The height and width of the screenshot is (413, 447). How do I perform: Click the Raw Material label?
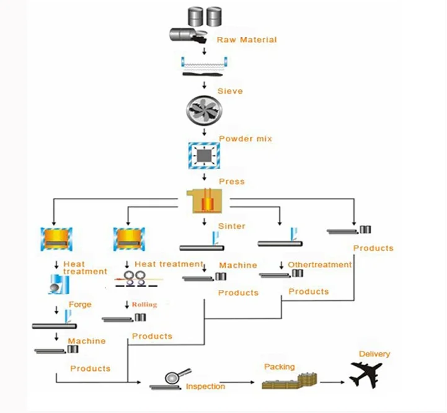pyautogui.click(x=246, y=40)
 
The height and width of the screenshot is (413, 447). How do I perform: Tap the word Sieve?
pyautogui.click(x=229, y=91)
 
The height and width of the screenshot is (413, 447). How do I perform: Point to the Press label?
pyautogui.click(x=231, y=182)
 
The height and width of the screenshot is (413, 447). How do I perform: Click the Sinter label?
pyautogui.click(x=231, y=226)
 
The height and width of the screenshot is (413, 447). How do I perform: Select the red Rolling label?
pyautogui.click(x=144, y=304)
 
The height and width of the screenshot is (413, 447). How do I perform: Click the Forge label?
pyautogui.click(x=79, y=304)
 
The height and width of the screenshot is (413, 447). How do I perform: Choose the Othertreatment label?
pyautogui.click(x=319, y=265)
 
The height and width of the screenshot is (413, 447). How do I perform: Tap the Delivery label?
pyautogui.click(x=374, y=354)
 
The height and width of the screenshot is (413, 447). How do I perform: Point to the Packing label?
pyautogui.click(x=279, y=367)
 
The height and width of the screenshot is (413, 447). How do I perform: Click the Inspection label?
pyautogui.click(x=205, y=387)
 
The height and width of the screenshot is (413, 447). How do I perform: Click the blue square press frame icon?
pyautogui.click(x=203, y=155)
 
